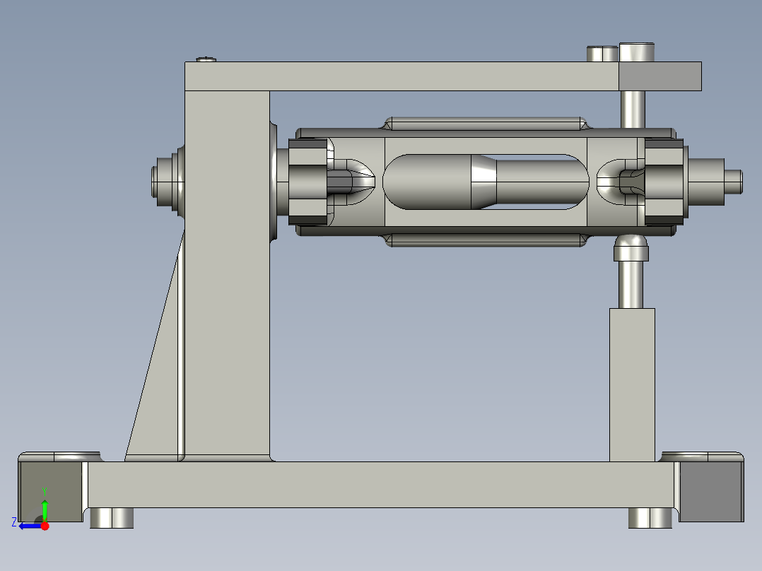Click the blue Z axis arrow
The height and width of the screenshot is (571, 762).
point(28,525)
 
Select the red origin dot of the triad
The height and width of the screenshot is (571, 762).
point(45,526)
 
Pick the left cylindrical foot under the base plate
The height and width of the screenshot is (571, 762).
point(112,517)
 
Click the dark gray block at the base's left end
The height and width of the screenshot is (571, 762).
point(49,491)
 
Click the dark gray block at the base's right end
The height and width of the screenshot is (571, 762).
point(710,491)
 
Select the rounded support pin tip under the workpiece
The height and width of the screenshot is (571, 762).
point(631,248)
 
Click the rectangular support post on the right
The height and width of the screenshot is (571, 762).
point(632,385)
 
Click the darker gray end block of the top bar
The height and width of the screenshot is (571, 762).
point(660,76)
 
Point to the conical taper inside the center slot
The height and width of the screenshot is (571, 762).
point(483,182)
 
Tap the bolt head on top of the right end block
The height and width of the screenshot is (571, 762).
point(637,53)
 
